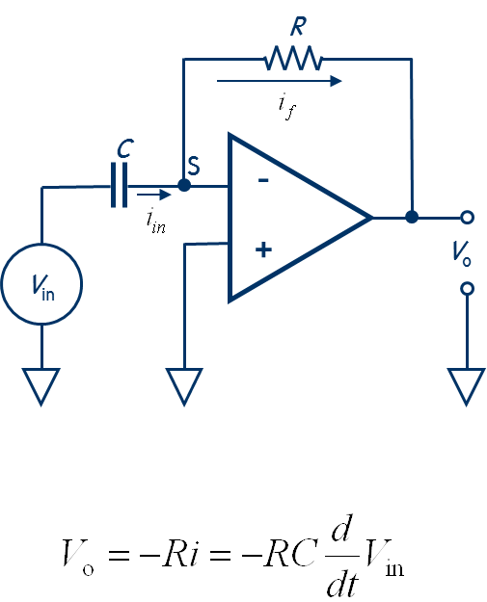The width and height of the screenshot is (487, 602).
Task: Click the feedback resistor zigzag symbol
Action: coord(294,59)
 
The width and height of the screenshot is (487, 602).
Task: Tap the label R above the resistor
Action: coord(298,27)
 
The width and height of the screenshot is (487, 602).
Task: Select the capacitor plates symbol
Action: coord(120,185)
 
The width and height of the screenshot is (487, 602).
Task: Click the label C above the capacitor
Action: coord(125,148)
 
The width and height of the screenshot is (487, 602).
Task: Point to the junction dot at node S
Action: coord(184,186)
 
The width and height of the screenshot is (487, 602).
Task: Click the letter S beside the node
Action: coord(194,166)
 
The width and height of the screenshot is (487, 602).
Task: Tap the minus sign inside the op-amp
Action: coord(263,180)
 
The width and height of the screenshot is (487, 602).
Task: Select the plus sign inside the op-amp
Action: coord(263,249)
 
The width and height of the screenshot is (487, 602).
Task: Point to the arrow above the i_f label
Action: coord(279,81)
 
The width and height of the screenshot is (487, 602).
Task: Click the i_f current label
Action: coord(287,107)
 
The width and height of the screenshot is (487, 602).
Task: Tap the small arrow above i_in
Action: coord(153,195)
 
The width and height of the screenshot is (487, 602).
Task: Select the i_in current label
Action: coord(156,221)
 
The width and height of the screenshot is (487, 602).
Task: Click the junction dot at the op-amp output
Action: coord(412,217)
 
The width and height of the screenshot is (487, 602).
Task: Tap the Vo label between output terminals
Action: coord(461,253)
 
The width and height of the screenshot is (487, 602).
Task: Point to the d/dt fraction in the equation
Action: coord(342,556)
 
